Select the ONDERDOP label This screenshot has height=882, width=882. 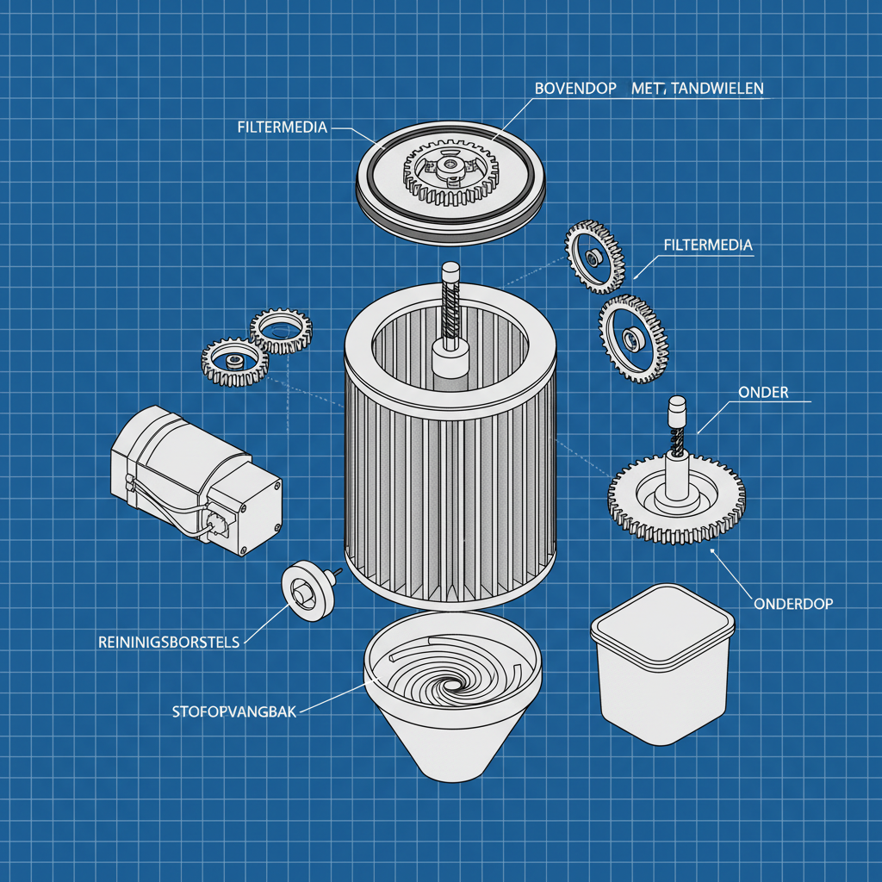(x=792, y=604)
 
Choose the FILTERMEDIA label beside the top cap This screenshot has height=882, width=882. (x=282, y=127)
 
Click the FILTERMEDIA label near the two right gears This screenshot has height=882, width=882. (x=708, y=245)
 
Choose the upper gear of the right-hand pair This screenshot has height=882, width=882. (x=593, y=256)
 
